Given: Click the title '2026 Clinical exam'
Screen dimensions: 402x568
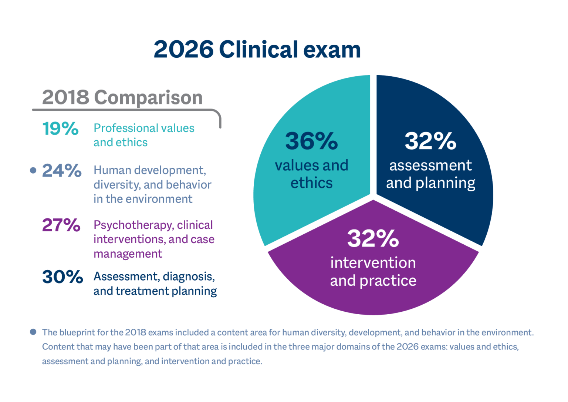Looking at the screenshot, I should tap(257, 50).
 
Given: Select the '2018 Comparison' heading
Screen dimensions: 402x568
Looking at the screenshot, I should tap(122, 97).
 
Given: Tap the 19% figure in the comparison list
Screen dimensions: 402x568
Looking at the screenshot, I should tap(60, 129).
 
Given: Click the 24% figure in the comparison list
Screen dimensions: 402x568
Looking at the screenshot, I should tap(62, 171).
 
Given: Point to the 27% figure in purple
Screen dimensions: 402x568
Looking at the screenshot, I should tap(61, 225).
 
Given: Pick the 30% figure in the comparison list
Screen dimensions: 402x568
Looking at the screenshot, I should tap(62, 277).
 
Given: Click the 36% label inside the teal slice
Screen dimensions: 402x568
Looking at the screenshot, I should tap(311, 141).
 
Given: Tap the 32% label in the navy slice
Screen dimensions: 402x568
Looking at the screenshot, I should tap(430, 141).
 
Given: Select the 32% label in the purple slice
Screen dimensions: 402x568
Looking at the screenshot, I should tap(373, 238).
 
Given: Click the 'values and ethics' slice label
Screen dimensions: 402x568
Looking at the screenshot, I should tap(311, 174).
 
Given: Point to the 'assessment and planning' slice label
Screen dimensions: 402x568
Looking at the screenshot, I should tap(430, 174).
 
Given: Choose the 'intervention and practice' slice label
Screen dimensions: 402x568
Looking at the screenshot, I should tap(373, 272).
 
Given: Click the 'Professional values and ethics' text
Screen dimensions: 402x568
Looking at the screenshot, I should tap(143, 135).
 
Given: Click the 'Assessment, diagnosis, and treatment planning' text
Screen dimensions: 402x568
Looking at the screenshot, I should tap(155, 284).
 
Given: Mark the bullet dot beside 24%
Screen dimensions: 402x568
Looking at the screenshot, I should tap(33, 170).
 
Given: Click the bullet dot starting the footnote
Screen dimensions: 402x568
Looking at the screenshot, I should tap(33, 332).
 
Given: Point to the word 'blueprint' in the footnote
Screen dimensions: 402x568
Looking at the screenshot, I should tap(77, 332).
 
